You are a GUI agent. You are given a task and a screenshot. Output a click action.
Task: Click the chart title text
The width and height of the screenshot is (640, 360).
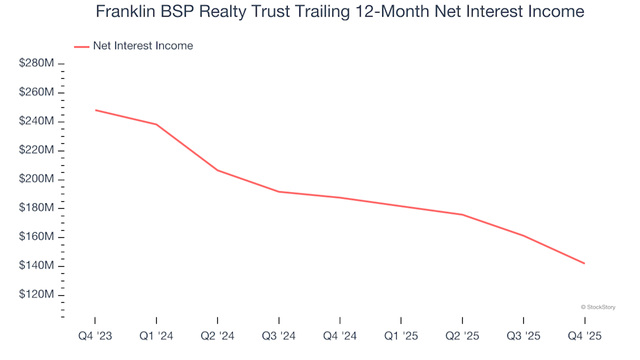pos(340,11)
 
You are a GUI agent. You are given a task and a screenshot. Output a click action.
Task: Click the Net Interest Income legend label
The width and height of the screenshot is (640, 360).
pos(143,46)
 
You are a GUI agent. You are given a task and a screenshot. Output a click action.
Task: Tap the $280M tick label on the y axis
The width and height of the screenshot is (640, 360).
pos(37,63)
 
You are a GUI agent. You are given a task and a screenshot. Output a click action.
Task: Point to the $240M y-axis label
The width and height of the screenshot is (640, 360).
pos(37,121)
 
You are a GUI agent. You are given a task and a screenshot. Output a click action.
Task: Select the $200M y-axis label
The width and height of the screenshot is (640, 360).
pos(37,179)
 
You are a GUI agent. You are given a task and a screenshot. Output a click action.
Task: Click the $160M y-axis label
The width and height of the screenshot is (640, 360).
pos(37,237)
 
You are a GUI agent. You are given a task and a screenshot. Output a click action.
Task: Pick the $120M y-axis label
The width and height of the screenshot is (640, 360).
pos(37,295)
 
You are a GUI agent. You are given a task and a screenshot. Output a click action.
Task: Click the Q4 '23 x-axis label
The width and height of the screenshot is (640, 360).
pos(95,337)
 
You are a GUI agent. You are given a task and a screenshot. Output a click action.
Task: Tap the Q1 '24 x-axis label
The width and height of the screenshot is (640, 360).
pos(156,337)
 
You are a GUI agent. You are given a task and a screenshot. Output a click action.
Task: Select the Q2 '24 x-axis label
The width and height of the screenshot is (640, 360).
pos(217,337)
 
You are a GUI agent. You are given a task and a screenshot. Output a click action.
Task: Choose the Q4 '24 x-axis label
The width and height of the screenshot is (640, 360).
pos(340,337)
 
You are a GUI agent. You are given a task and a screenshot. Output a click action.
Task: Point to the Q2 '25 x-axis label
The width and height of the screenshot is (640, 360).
pos(462,337)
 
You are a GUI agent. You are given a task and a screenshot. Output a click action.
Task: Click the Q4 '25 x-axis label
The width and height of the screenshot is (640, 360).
pos(585,337)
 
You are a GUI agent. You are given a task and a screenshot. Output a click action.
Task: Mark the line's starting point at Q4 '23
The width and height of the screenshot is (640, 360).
pos(95,110)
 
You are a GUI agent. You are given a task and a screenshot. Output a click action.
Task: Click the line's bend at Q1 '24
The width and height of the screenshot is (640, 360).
pos(156,124)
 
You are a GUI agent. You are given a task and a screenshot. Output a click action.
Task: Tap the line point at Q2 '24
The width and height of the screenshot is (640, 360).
pos(217,170)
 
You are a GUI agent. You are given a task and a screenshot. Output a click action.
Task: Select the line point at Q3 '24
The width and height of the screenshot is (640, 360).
pos(279,191)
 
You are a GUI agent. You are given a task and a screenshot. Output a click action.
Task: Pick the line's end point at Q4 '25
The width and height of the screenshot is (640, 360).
pos(585,263)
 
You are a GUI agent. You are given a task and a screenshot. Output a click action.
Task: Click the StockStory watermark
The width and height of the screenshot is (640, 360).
pos(598,307)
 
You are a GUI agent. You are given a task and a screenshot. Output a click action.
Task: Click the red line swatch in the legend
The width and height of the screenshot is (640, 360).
pos(81,46)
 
